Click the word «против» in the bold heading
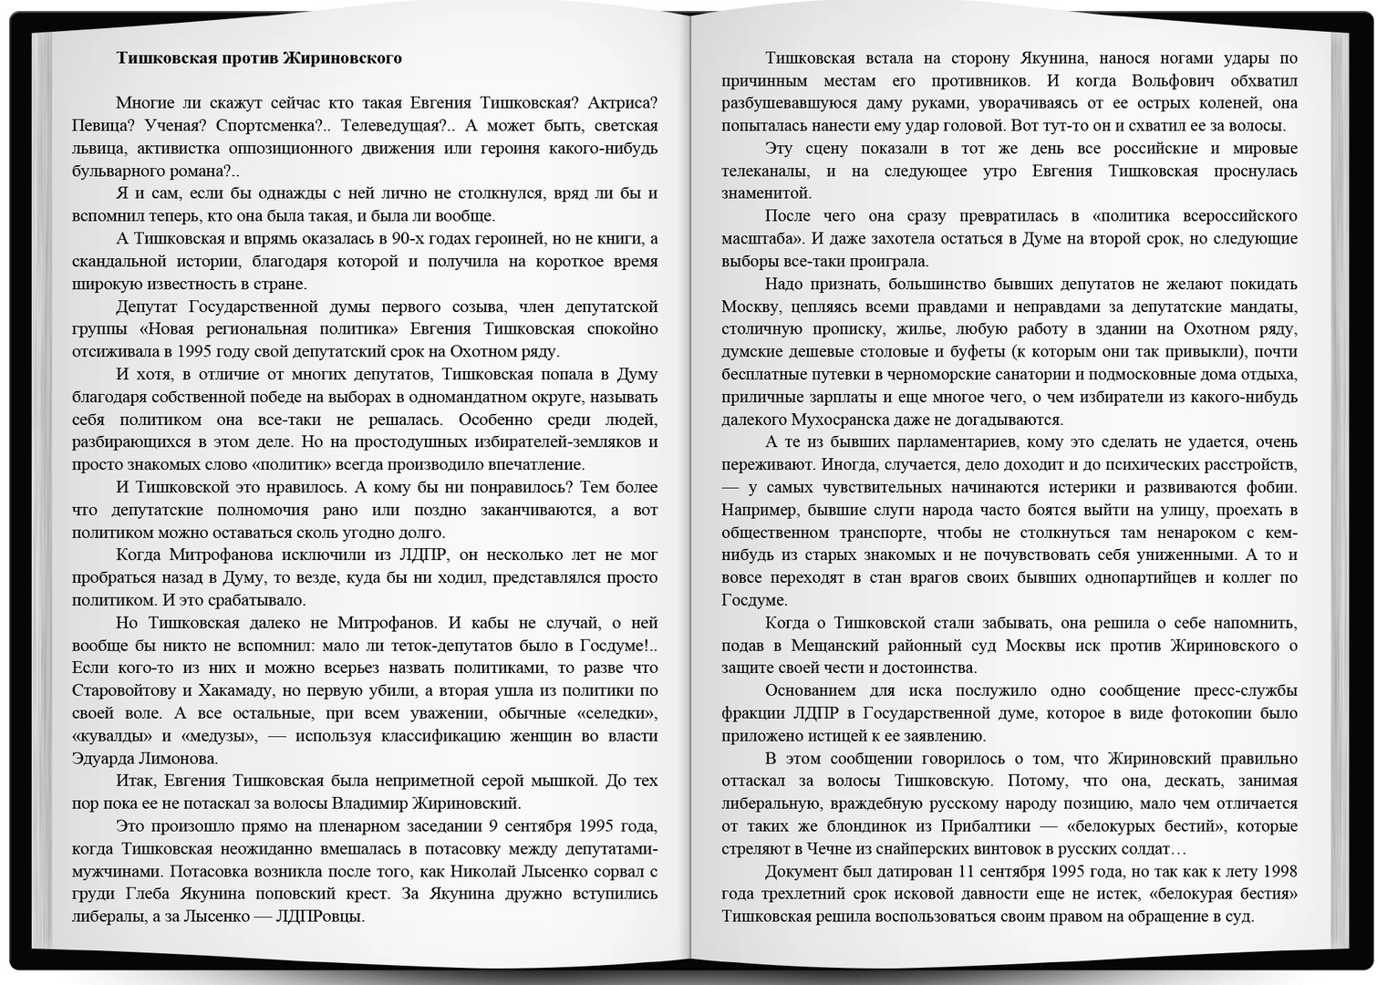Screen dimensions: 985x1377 tap(249, 58)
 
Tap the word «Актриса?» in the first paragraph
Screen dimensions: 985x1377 tap(623, 103)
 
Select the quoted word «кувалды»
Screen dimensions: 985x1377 tap(112, 736)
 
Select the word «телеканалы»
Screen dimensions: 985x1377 tap(766, 171)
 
